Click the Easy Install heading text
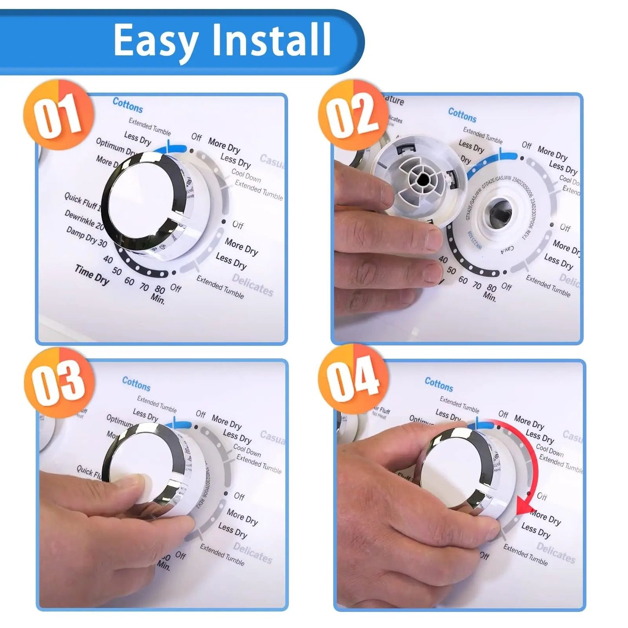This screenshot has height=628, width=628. pos(222,40)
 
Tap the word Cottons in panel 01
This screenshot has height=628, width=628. pos(127,105)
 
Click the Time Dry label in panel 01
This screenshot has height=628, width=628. pos(92,275)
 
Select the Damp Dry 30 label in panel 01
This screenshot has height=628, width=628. pos(86,237)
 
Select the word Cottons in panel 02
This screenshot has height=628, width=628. pos(462,115)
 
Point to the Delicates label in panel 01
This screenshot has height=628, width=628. pos(253,285)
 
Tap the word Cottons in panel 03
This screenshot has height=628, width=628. pos(136,384)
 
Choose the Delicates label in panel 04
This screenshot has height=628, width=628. pos(556,552)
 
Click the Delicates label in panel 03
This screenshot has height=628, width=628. pos(253,552)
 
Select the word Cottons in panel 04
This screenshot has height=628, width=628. pos(439,384)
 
